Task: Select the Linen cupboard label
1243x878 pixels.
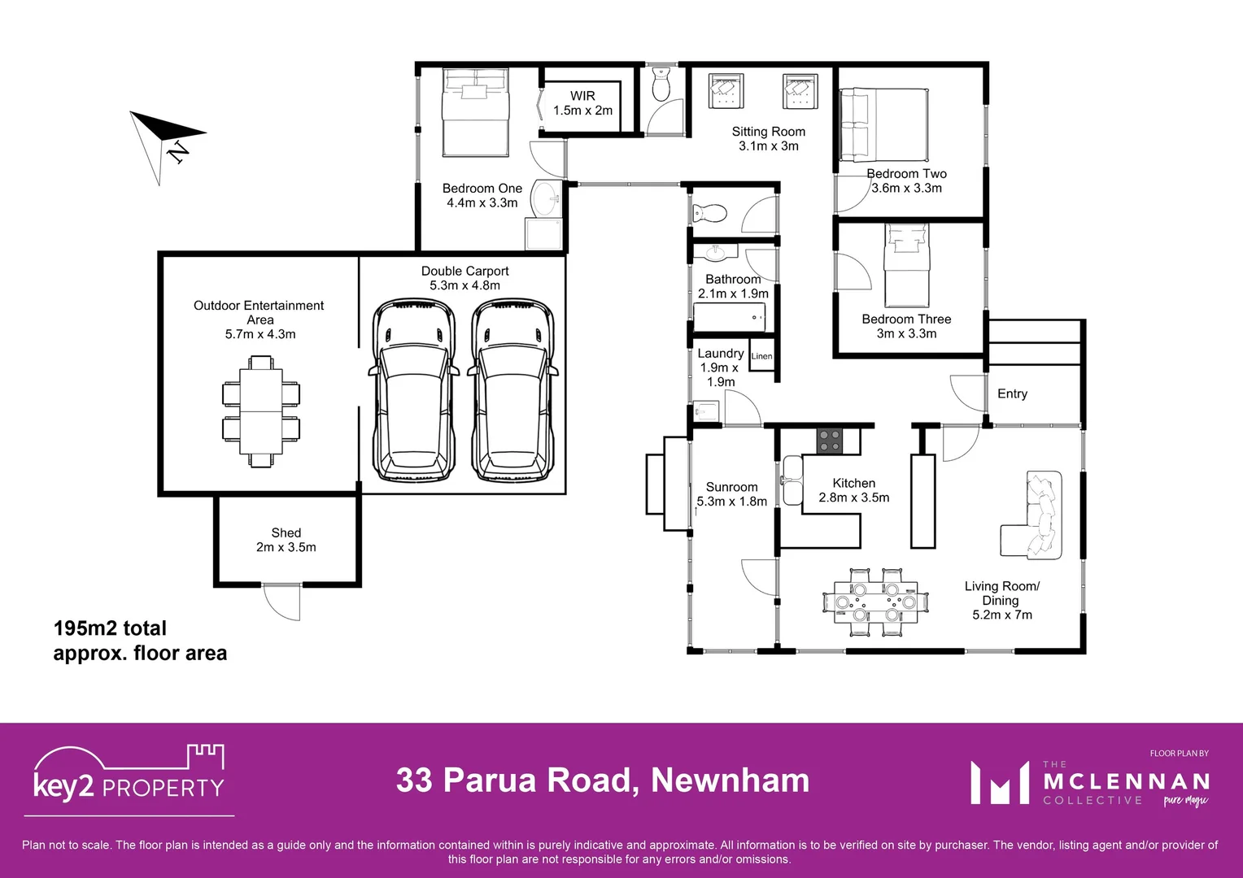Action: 761,356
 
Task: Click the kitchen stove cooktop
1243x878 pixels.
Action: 829,441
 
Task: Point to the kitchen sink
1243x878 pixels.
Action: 792,480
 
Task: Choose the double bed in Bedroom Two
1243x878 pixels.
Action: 883,126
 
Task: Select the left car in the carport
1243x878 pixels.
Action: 413,390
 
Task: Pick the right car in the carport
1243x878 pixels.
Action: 512,390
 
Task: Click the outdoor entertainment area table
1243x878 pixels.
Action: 261,411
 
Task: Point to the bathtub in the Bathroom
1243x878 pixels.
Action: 730,317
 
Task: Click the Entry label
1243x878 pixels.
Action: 1012,393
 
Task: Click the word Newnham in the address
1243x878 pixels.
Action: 730,780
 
